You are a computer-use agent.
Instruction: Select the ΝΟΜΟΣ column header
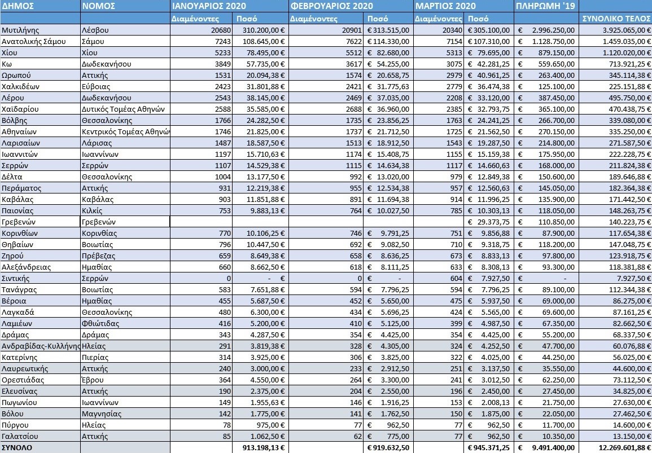point(99,6)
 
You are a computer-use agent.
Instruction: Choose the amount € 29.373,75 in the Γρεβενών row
point(489,222)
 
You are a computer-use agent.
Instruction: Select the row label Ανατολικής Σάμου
point(34,41)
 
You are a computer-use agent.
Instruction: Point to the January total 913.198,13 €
point(260,447)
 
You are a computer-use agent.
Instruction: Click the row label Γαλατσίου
point(20,436)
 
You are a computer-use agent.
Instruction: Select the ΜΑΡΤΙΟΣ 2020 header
point(445,6)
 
